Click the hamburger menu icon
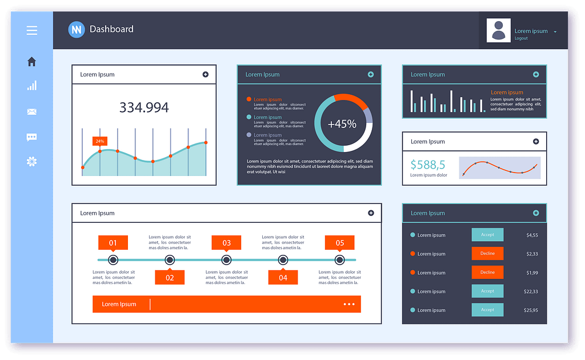pyautogui.click(x=32, y=30)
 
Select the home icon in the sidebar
pyautogui.click(x=32, y=62)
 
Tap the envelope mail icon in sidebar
pyautogui.click(x=32, y=112)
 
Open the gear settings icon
pyautogui.click(x=32, y=162)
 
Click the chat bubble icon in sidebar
pyautogui.click(x=32, y=137)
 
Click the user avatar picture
pyautogui.click(x=498, y=30)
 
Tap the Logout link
pyautogui.click(x=521, y=38)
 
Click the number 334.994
pyautogui.click(x=144, y=107)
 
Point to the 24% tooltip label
pyautogui.click(x=100, y=141)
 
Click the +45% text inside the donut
pyautogui.click(x=342, y=124)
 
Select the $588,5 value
pyautogui.click(x=427, y=165)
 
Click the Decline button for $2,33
pyautogui.click(x=487, y=253)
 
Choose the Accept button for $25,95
pyautogui.click(x=487, y=310)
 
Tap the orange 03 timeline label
pyautogui.click(x=226, y=243)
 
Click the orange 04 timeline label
pyautogui.click(x=283, y=278)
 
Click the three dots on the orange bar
pyautogui.click(x=349, y=304)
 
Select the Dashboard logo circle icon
pyautogui.click(x=77, y=29)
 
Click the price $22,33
pyautogui.click(x=531, y=291)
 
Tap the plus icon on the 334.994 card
pyautogui.click(x=206, y=74)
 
